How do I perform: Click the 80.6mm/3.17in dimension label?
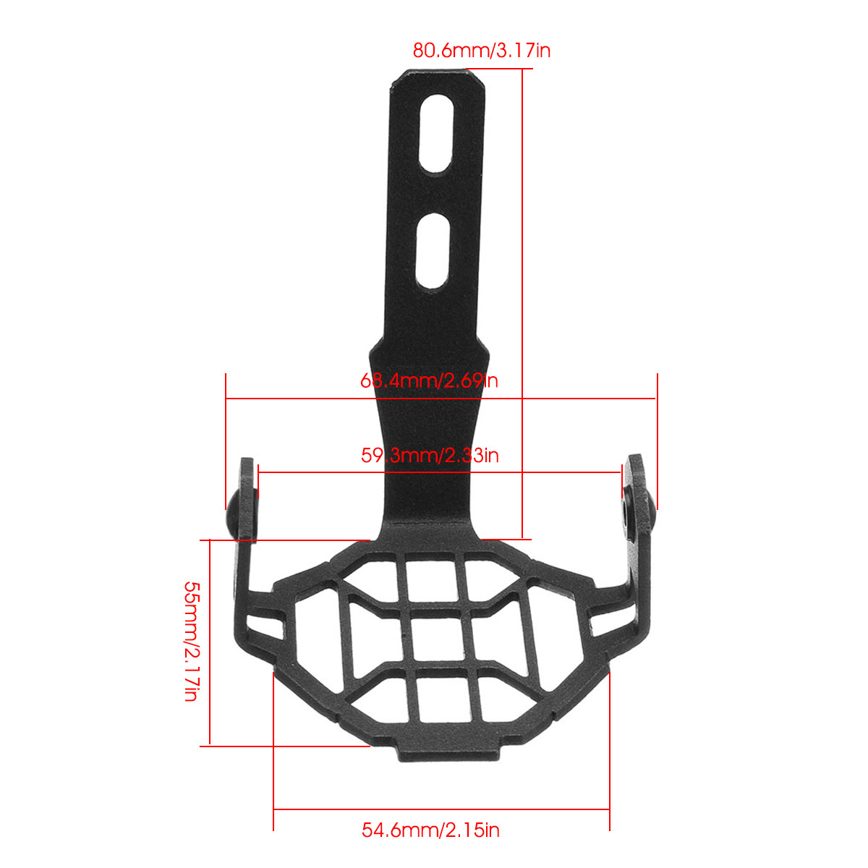point(482,51)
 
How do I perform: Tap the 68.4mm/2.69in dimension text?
point(429,380)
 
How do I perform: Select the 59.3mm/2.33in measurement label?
point(430,455)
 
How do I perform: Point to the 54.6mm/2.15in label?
point(430,830)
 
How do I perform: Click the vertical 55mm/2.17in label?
point(191,642)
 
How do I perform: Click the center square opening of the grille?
point(438,634)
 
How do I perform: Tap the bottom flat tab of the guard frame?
point(448,752)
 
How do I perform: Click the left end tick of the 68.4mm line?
point(226,398)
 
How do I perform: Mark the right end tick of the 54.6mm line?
point(610,809)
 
